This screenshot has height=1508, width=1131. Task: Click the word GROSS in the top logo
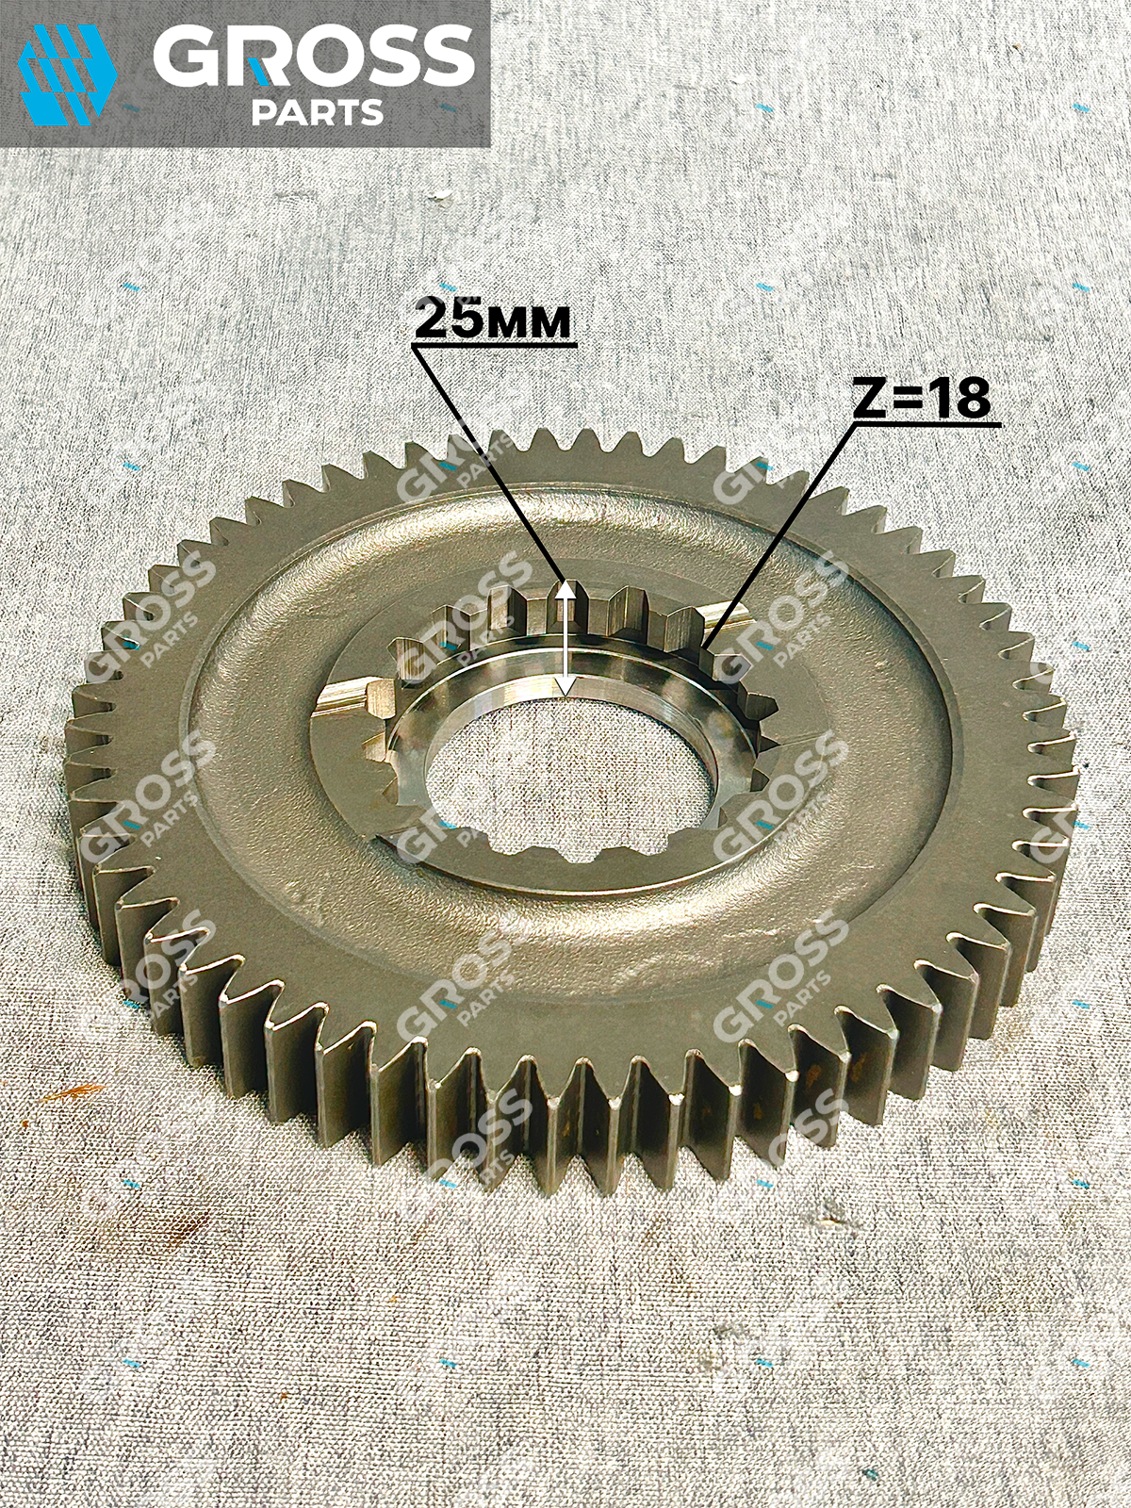tap(313, 59)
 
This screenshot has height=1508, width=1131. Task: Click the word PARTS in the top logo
tap(318, 111)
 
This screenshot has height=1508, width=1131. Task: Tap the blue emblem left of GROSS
tap(67, 74)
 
